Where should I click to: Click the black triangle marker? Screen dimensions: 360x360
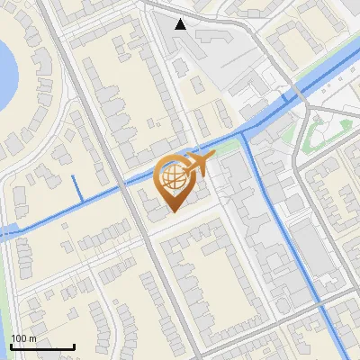tap(181, 24)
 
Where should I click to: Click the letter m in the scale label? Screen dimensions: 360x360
tap(32, 338)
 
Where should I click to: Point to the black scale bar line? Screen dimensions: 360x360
tap(42, 346)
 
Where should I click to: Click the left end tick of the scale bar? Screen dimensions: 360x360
tap(11, 345)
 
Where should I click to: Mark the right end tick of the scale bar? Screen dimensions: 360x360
tap(74, 345)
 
